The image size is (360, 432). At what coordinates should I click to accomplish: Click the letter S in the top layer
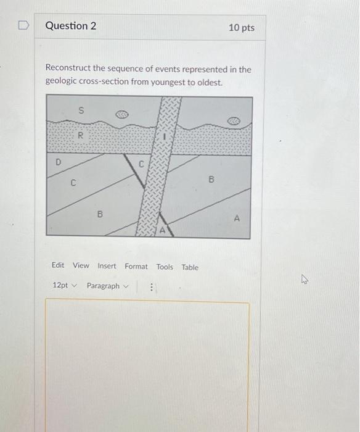pos(80,110)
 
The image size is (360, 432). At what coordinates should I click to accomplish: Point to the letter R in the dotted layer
pos(79,136)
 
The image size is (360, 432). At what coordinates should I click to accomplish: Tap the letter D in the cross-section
pos(59,162)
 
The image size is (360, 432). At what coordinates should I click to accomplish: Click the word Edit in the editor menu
pos(58,266)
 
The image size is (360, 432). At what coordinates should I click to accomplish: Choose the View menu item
pos(81,266)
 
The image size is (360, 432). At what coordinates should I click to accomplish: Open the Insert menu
pos(107,266)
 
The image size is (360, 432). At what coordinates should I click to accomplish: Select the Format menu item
pos(136,267)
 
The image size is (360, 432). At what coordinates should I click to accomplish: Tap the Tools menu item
pos(165,267)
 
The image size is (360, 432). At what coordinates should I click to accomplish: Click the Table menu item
pos(190,267)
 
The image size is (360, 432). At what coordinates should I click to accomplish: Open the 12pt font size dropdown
pos(64,286)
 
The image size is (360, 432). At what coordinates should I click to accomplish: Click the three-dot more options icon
pos(152,286)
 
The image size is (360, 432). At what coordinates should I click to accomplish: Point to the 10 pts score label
pos(241,28)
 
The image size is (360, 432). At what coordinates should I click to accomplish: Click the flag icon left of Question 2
pos(23,26)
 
